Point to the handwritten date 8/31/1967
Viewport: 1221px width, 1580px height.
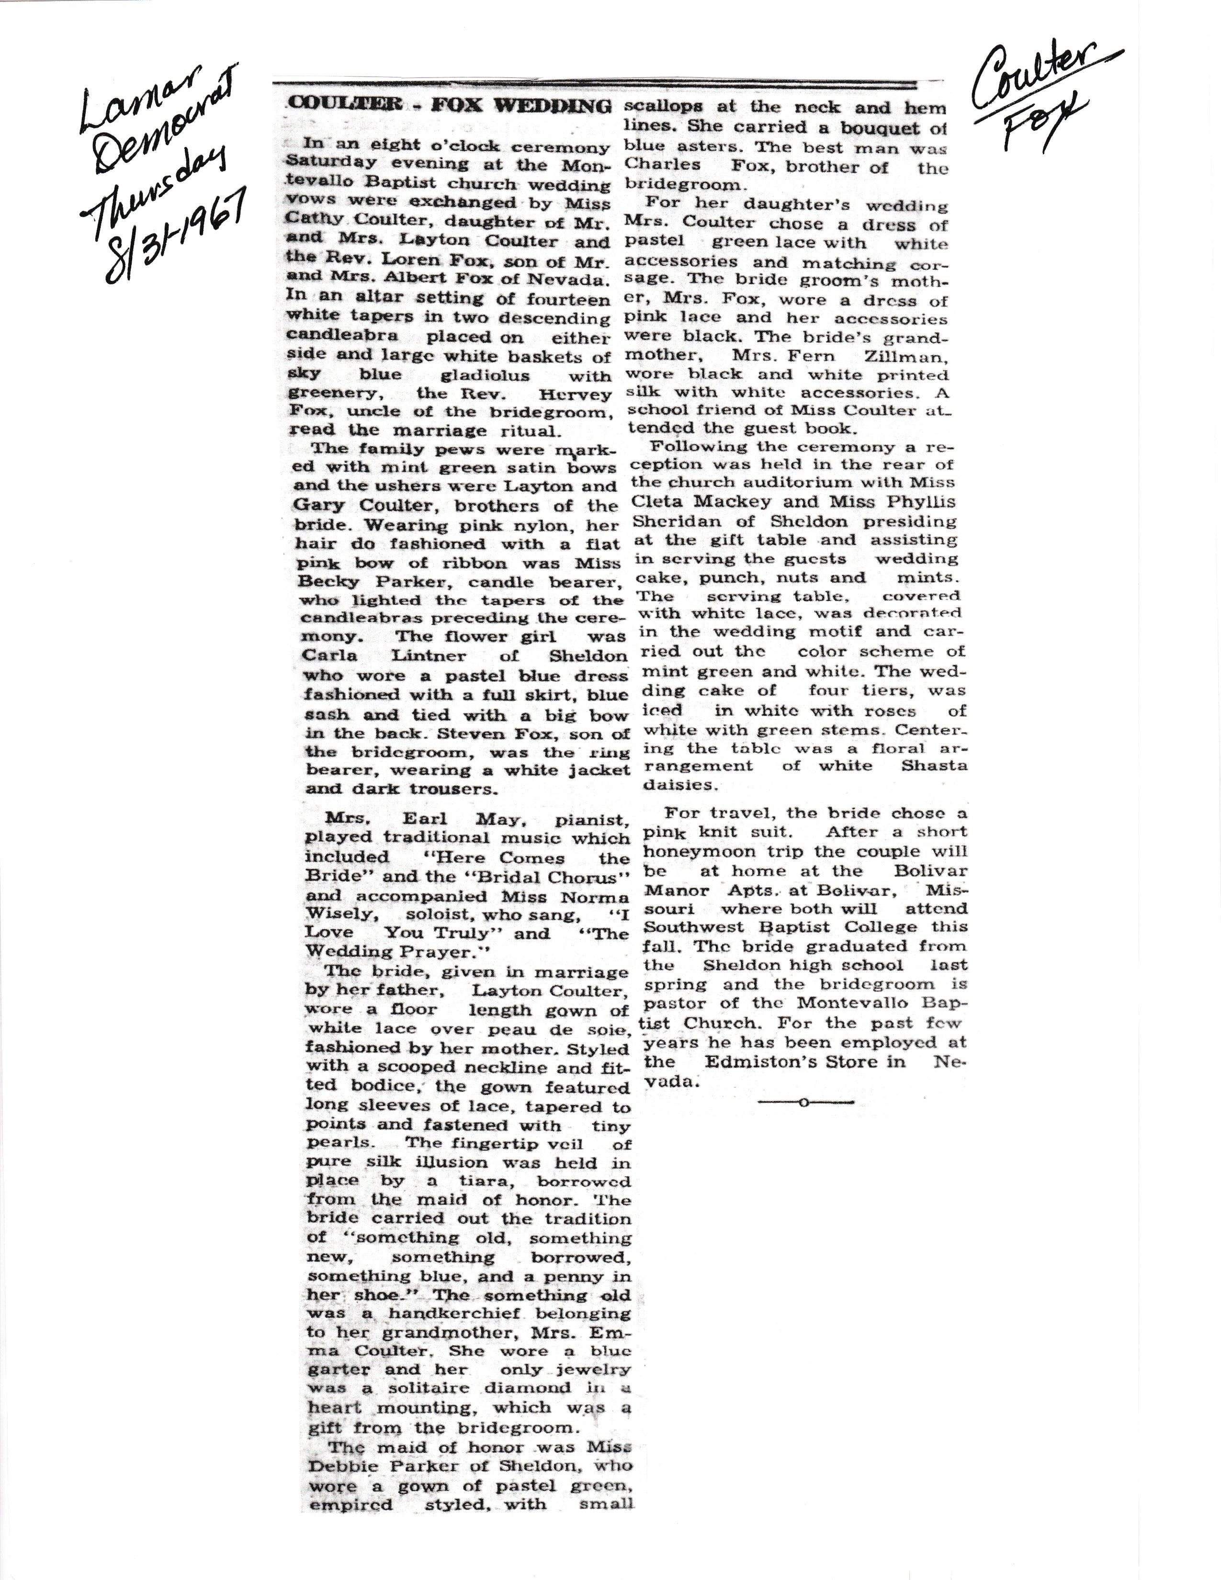(x=177, y=235)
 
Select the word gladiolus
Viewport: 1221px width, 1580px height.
(x=486, y=375)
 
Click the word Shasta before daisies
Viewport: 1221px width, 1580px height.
(x=934, y=766)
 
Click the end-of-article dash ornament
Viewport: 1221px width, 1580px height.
(x=804, y=1103)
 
